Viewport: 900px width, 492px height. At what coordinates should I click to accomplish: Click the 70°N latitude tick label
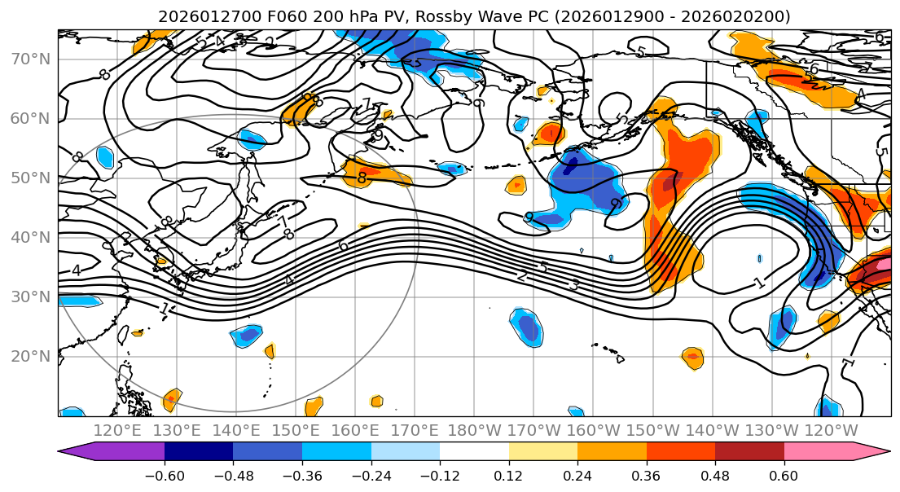(30, 59)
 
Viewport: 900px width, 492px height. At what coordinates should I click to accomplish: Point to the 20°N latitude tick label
(30, 356)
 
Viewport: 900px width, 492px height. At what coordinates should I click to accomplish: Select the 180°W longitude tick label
(475, 430)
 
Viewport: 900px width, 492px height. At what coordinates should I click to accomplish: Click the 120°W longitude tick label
(832, 430)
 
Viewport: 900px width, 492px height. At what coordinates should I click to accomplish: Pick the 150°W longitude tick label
(653, 430)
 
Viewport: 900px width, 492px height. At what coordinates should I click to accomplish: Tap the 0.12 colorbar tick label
(509, 473)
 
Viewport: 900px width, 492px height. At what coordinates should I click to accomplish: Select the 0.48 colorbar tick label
(715, 473)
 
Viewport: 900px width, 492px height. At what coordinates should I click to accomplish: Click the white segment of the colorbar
(474, 452)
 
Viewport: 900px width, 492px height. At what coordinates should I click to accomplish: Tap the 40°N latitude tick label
(30, 238)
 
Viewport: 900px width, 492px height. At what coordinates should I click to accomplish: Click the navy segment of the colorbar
(199, 452)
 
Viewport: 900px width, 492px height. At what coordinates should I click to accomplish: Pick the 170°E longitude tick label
(415, 430)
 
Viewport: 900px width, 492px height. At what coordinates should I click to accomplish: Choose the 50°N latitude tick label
(30, 178)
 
